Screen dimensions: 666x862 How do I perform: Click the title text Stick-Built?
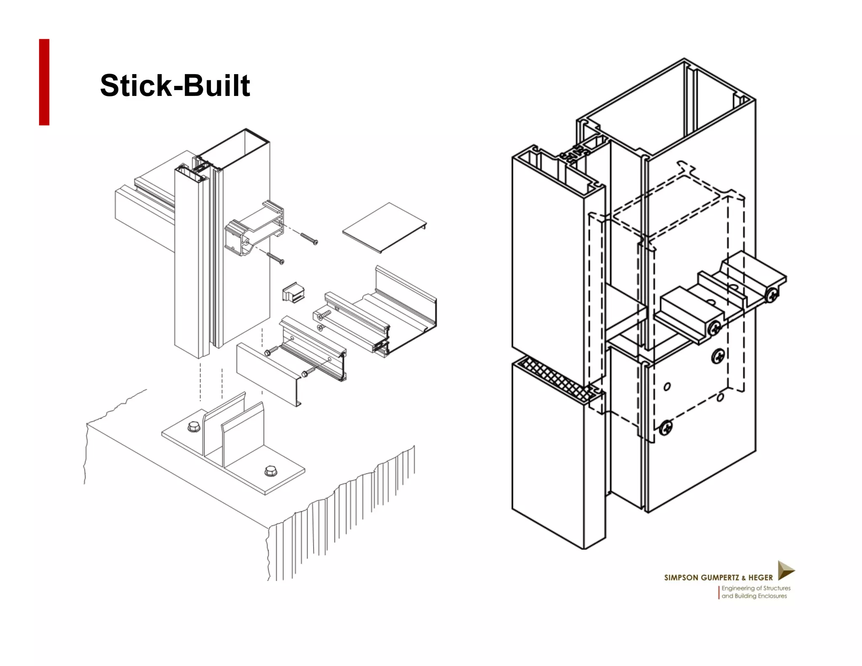[x=175, y=85]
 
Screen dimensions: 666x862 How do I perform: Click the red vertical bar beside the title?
[x=44, y=82]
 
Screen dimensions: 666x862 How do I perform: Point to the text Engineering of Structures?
[x=756, y=588]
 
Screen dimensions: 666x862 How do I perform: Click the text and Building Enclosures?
[x=754, y=596]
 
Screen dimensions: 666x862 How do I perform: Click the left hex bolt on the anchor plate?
[x=194, y=427]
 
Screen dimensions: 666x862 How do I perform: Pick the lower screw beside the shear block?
[x=276, y=258]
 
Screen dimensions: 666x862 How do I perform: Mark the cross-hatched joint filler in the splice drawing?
[x=556, y=377]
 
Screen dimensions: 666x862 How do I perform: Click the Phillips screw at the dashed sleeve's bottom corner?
[x=665, y=428]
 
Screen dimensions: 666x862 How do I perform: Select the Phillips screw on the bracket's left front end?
[x=715, y=328]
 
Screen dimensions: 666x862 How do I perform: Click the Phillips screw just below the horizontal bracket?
[x=717, y=357]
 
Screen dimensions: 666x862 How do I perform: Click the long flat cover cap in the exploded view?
[x=267, y=373]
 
